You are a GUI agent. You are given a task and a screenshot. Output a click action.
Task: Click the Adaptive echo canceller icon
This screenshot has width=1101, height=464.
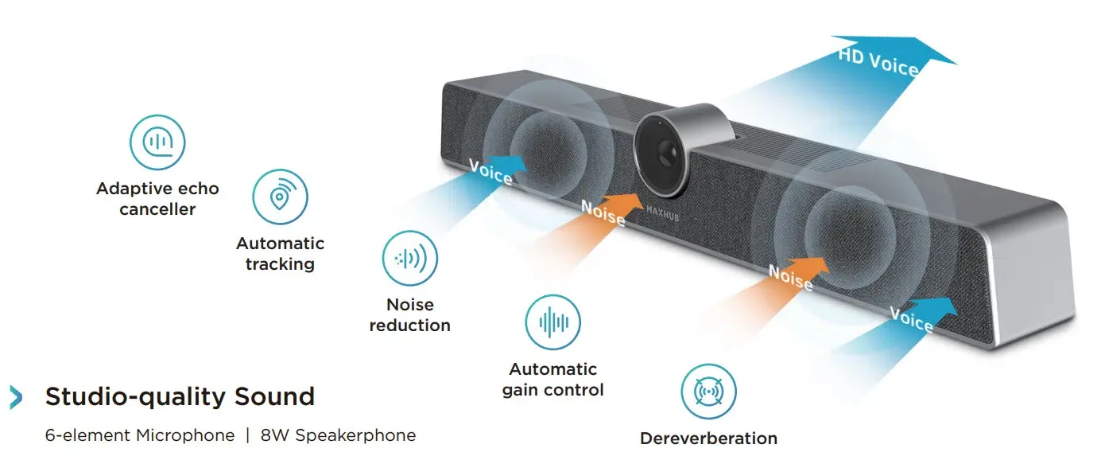[x=157, y=142]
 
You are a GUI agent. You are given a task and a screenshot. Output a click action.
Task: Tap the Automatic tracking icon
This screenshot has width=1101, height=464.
[x=280, y=197]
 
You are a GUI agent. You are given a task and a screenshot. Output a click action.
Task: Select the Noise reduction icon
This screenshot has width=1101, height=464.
[x=410, y=258]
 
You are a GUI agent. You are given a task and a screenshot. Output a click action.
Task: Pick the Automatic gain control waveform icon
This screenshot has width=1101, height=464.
[x=553, y=322]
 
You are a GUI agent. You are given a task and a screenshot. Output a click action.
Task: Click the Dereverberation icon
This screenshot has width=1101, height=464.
[x=708, y=392]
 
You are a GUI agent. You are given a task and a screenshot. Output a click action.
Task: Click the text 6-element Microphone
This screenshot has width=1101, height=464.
[x=140, y=435]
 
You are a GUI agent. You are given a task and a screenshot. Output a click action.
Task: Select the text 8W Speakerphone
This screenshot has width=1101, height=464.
[x=338, y=435]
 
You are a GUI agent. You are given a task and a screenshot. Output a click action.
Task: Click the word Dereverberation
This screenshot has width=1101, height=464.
[x=708, y=439]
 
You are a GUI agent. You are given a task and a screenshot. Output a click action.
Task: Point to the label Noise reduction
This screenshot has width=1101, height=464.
[x=410, y=315]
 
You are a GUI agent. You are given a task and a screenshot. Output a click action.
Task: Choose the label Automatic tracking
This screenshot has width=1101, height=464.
[x=280, y=253]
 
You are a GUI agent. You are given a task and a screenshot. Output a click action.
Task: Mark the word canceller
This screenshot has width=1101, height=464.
[x=157, y=210]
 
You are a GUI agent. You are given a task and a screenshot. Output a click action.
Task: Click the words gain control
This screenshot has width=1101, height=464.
[x=553, y=390]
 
